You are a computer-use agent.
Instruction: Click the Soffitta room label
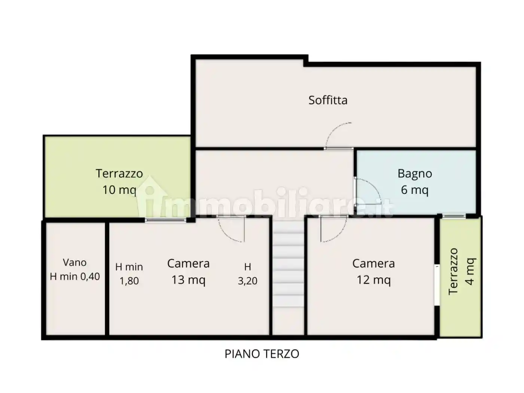[x=327, y=100]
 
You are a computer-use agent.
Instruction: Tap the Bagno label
[x=415, y=173]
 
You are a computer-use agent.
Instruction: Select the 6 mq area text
[x=415, y=190]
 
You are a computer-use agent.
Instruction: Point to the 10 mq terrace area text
[x=119, y=190]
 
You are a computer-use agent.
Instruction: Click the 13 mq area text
[x=188, y=280]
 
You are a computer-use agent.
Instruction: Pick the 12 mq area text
[x=374, y=280]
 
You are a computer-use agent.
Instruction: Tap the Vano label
[x=75, y=262]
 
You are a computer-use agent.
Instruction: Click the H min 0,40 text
[x=75, y=277]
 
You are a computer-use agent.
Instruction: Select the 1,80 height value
[x=129, y=281]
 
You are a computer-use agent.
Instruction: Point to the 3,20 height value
[x=247, y=281]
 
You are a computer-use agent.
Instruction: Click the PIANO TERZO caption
[x=262, y=354]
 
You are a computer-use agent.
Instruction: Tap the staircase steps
[x=288, y=265]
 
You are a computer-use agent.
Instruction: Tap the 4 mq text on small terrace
[x=470, y=271]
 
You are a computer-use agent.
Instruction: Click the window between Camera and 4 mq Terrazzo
[x=437, y=285]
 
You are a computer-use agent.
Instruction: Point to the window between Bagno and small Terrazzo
[x=454, y=216]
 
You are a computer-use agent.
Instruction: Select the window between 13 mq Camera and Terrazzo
[x=166, y=220]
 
